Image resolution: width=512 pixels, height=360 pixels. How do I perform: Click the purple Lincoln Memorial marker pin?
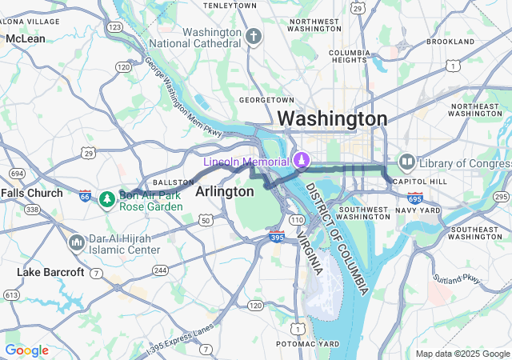[x=302, y=160]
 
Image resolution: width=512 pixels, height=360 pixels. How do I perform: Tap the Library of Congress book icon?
[x=406, y=162]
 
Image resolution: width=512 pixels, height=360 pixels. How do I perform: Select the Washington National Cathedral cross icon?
[x=254, y=36]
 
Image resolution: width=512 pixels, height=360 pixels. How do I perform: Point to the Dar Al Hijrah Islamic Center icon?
[x=78, y=242]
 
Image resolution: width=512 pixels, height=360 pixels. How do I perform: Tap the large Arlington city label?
[x=225, y=191]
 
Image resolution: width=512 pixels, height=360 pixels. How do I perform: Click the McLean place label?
[x=26, y=38]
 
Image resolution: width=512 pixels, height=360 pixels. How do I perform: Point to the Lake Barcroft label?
[x=50, y=272]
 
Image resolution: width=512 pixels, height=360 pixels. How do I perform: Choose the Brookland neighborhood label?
[x=450, y=41]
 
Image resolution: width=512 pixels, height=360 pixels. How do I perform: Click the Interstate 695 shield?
[x=414, y=197]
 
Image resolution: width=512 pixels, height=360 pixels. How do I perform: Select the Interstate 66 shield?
[x=86, y=196]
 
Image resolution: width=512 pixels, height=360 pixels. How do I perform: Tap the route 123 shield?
[x=114, y=27]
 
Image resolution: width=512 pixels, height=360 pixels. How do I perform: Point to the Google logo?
[x=26, y=350]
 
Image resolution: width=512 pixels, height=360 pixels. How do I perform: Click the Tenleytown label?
[x=230, y=6]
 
